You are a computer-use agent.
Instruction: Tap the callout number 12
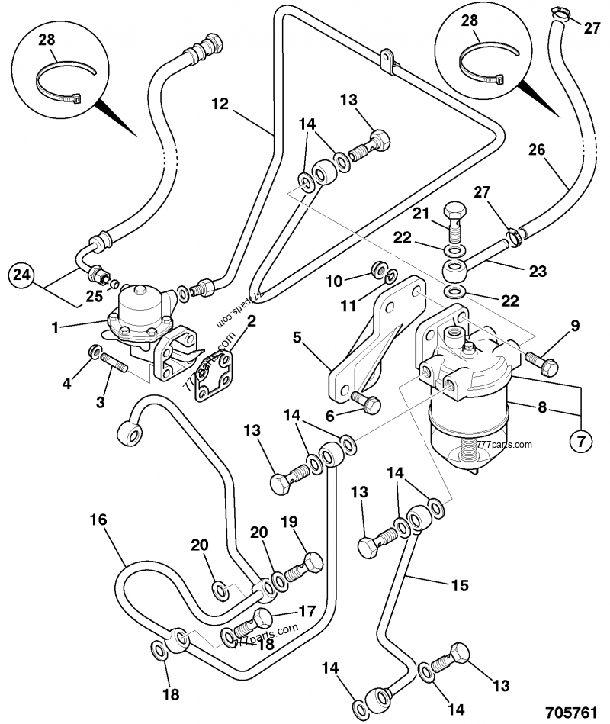pyautogui.click(x=220, y=104)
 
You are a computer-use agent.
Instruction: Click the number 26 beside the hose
pyautogui.click(x=538, y=150)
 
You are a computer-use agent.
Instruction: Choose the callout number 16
pyautogui.click(x=98, y=520)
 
